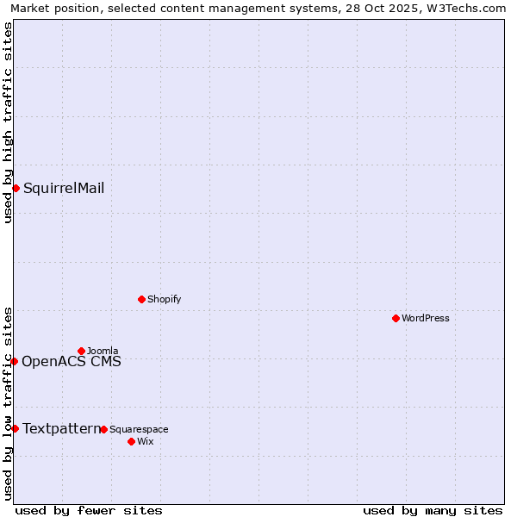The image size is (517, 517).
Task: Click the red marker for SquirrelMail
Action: tap(16, 188)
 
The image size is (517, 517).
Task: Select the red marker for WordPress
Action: tap(396, 318)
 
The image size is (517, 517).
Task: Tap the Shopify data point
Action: tap(141, 299)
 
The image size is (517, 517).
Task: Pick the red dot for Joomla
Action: tap(81, 351)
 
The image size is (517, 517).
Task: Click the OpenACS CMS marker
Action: tap(14, 361)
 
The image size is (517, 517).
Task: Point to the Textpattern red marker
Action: tap(15, 428)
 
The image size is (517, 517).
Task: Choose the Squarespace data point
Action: tap(103, 429)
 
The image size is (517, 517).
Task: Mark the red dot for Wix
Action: tap(131, 441)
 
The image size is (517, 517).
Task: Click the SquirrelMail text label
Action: tap(64, 189)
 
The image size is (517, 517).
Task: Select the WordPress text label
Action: tap(426, 318)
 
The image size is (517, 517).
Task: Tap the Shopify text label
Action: tap(164, 299)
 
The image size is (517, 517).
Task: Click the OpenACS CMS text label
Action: tap(72, 362)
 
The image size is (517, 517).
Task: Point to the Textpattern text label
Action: tap(61, 429)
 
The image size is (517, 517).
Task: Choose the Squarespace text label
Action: tap(139, 429)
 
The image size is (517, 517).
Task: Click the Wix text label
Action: tap(145, 442)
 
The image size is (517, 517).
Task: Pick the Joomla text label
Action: tap(103, 351)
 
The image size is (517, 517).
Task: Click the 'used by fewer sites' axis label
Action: tap(89, 510)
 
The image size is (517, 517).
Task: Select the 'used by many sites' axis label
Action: tap(433, 510)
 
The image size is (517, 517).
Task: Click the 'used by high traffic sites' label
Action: tap(8, 122)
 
